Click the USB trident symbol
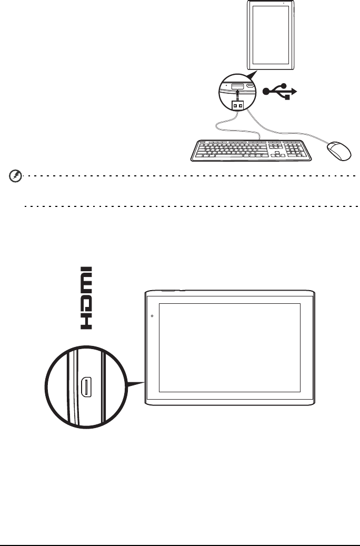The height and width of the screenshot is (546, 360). (279, 92)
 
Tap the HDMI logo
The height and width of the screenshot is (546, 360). (86, 297)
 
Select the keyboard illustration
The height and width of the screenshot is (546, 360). (250, 150)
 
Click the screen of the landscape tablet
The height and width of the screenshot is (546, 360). (229, 348)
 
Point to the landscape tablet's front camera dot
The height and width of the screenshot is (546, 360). (152, 316)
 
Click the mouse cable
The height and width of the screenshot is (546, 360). (295, 131)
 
